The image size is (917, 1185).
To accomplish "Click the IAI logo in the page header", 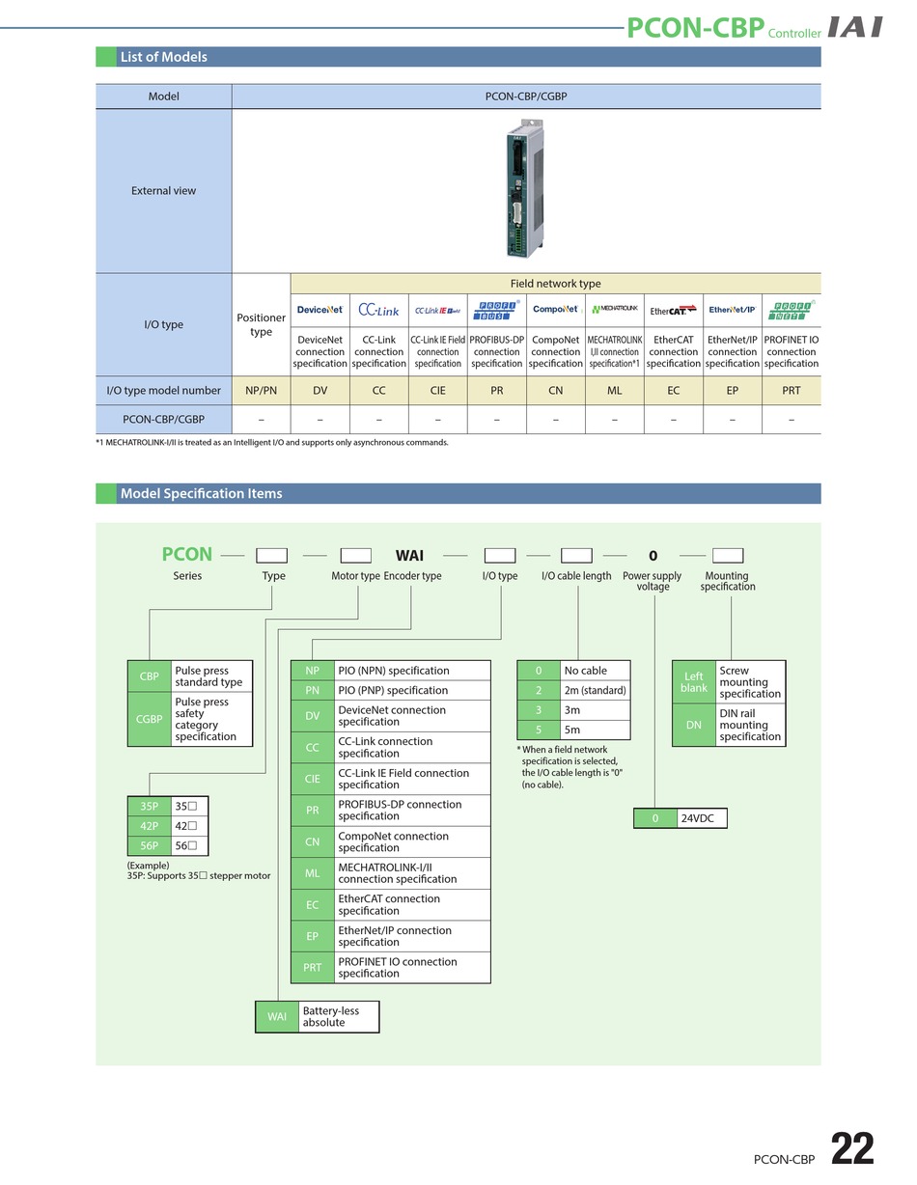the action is click(854, 27).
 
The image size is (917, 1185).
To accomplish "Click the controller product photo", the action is click(524, 188).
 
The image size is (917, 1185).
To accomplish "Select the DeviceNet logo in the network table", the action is click(320, 310).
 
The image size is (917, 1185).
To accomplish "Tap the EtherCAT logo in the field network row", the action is click(673, 311).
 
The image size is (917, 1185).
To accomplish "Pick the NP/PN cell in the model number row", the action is click(261, 391).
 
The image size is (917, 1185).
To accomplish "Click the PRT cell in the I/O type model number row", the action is click(791, 391).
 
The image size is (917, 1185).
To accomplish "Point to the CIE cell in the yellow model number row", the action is click(437, 391).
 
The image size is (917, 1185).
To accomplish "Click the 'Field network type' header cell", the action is click(555, 284).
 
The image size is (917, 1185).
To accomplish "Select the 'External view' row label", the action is click(163, 191).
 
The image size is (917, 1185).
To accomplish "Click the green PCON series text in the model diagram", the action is click(186, 554).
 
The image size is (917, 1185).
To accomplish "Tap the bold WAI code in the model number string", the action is click(409, 556).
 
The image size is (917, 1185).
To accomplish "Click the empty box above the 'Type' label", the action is click(271, 556).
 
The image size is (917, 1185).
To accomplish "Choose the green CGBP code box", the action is click(149, 719).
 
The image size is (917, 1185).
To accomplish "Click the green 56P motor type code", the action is click(149, 845).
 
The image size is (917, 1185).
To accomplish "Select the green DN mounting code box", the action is click(693, 725).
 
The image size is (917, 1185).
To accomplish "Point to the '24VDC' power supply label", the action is click(697, 818).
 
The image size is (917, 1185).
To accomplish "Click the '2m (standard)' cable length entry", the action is click(596, 690).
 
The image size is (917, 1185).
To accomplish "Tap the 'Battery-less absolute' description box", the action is click(338, 1016).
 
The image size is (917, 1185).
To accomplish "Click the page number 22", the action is click(852, 1148).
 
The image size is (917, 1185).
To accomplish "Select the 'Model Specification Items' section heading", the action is click(202, 493).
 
